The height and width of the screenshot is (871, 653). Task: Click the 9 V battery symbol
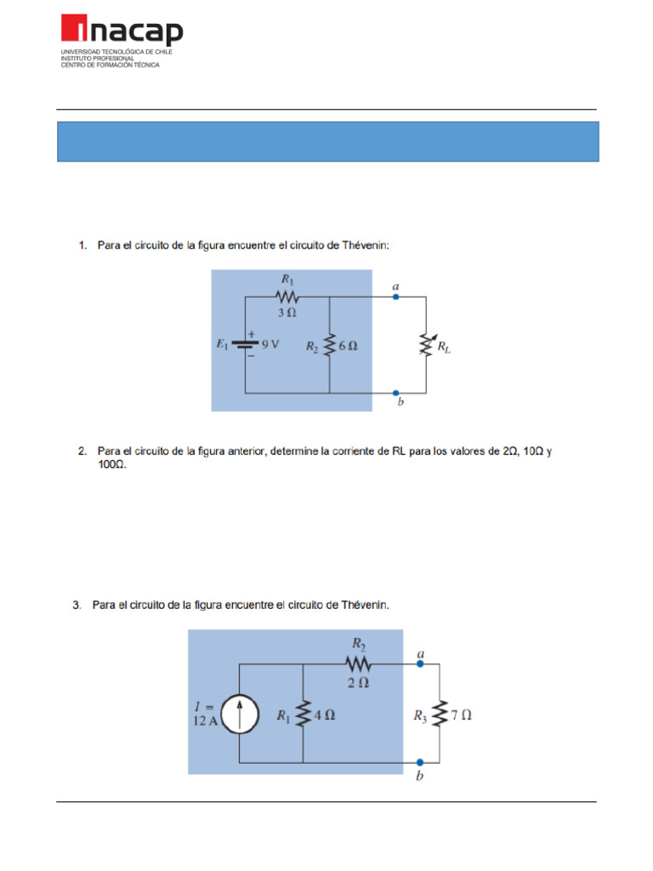point(245,346)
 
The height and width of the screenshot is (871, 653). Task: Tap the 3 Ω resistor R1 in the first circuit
point(287,297)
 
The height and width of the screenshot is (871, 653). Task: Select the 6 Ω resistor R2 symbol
point(329,346)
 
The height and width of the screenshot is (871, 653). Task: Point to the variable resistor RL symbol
point(425,346)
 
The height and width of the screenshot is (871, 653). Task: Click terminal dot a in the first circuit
point(396,297)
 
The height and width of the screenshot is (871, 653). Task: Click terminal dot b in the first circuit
point(396,393)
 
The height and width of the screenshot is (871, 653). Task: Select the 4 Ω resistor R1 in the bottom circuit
point(304,715)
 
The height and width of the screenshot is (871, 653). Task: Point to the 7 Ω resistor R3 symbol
point(440,715)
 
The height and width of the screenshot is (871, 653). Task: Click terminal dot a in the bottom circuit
point(420,665)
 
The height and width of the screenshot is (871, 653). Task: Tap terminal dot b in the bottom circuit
point(420,763)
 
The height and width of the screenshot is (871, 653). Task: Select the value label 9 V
point(270,346)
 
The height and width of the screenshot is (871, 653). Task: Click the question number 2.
point(81,452)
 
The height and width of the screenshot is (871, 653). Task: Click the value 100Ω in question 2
point(112,465)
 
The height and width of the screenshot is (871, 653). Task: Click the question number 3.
point(77,605)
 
